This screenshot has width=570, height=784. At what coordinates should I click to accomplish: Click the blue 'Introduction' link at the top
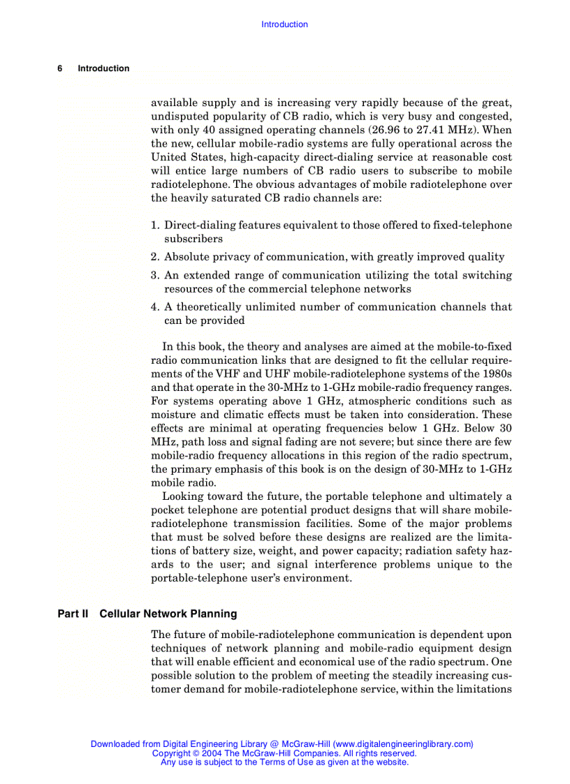[284, 24]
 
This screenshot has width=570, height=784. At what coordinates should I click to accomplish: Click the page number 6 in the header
[60, 68]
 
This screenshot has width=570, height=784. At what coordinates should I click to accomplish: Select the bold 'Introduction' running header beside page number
[103, 68]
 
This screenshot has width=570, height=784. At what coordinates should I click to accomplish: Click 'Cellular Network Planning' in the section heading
[168, 614]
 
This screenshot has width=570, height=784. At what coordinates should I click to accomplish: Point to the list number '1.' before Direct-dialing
[156, 225]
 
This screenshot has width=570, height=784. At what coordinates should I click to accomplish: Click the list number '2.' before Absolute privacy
[156, 257]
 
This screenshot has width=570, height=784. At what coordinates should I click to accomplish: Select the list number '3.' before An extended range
[156, 276]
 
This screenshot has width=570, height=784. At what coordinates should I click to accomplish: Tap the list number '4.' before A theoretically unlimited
[156, 307]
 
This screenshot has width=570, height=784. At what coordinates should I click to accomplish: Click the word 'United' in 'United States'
[168, 158]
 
